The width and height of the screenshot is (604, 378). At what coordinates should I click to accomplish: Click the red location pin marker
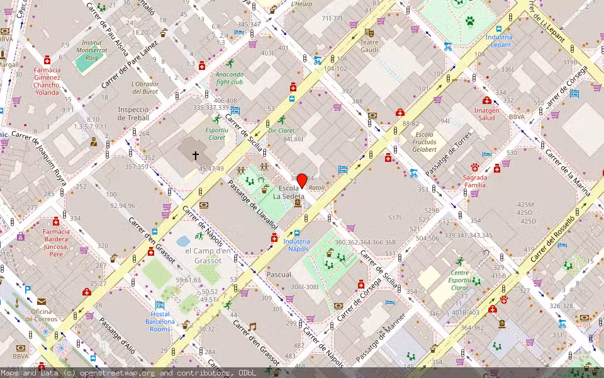(x=301, y=181)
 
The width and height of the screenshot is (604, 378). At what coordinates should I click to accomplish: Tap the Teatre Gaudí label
(x=369, y=45)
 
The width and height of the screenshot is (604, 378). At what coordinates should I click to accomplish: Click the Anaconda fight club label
(x=230, y=78)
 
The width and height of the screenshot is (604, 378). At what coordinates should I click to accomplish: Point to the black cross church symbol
(x=196, y=154)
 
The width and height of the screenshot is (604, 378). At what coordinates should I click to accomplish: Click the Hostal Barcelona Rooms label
(x=160, y=321)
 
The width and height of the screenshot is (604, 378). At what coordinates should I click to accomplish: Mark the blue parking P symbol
(x=28, y=290)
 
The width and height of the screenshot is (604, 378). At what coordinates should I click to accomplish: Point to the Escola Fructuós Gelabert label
(x=425, y=142)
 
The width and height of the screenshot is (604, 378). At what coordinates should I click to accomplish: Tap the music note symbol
(x=252, y=326)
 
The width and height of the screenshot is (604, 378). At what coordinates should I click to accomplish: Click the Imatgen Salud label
(x=486, y=114)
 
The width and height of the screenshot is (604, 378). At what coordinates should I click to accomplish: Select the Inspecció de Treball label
(x=133, y=113)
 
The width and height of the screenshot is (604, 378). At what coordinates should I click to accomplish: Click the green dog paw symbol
(x=470, y=21)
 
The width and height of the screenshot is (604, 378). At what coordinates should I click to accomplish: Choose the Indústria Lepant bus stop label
(x=499, y=40)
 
